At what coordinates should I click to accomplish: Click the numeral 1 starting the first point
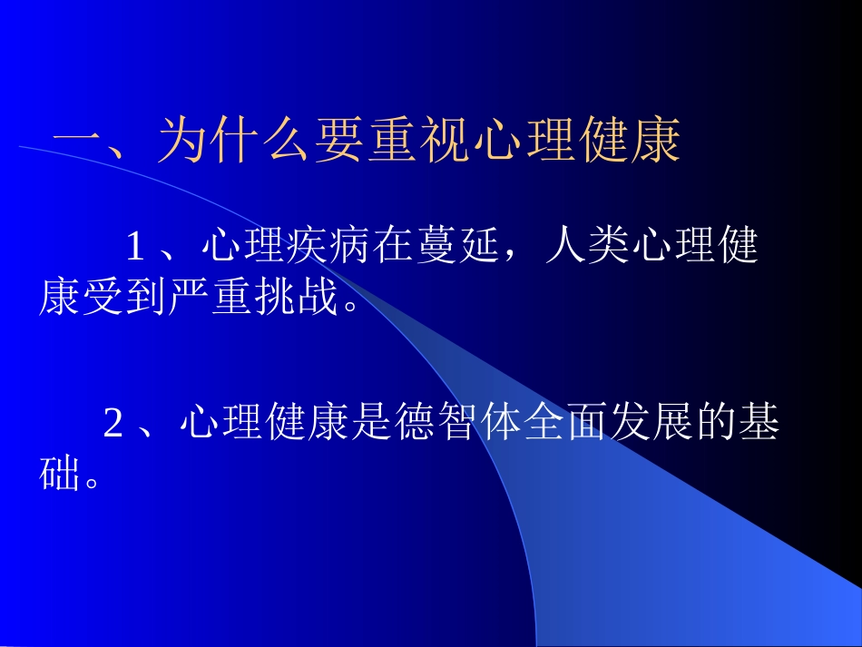coord(135,247)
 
